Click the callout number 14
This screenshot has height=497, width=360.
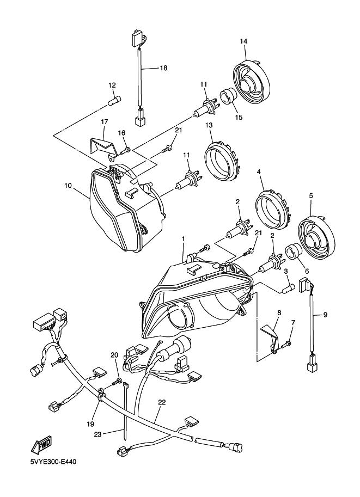[243, 42]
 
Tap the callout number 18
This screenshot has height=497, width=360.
[163, 68]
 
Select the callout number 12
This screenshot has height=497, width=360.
[112, 85]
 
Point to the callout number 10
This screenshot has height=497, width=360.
[68, 186]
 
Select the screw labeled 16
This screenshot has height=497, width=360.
[126, 149]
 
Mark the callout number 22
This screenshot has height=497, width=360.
[162, 403]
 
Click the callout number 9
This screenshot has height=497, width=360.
[325, 314]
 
